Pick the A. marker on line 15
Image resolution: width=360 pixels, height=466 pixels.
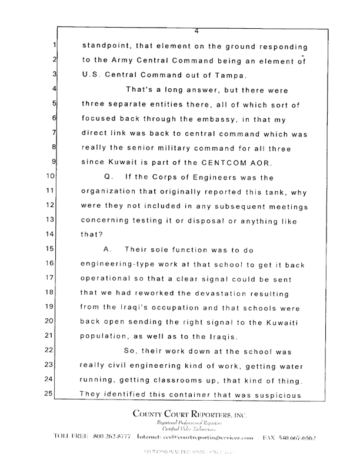point(108,249)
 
